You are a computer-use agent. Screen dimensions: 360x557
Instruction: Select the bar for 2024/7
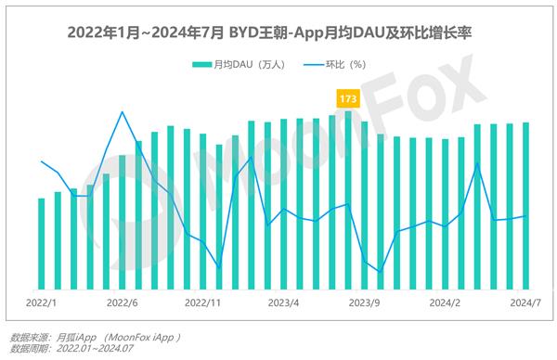click(526, 205)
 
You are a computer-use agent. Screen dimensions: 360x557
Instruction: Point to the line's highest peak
click(123, 112)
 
